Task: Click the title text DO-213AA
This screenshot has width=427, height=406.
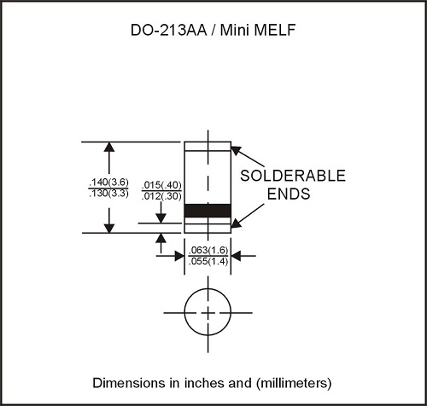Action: [x=169, y=30]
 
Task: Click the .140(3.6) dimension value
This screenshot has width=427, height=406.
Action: [x=108, y=182]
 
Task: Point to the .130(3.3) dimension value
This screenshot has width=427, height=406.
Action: [x=108, y=194]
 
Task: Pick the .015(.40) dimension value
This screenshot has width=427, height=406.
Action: [x=161, y=185]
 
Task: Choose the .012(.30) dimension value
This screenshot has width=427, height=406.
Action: [x=161, y=196]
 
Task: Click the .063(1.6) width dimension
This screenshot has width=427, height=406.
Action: [x=208, y=250]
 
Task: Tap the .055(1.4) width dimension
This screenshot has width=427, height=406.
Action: [x=208, y=261]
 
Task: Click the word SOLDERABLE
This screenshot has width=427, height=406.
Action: [x=293, y=176]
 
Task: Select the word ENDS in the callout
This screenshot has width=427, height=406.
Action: [x=289, y=194]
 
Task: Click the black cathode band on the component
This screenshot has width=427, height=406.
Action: [x=208, y=211]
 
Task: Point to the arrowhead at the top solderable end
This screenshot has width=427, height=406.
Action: [x=236, y=150]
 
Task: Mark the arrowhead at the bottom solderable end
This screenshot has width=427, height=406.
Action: [x=236, y=223]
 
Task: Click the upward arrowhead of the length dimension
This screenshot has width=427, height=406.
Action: [x=109, y=147]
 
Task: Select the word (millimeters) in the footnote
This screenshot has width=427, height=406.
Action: [x=294, y=383]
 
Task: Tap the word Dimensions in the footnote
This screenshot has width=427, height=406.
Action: [x=129, y=383]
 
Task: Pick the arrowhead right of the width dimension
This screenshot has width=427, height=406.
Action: [x=237, y=256]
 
